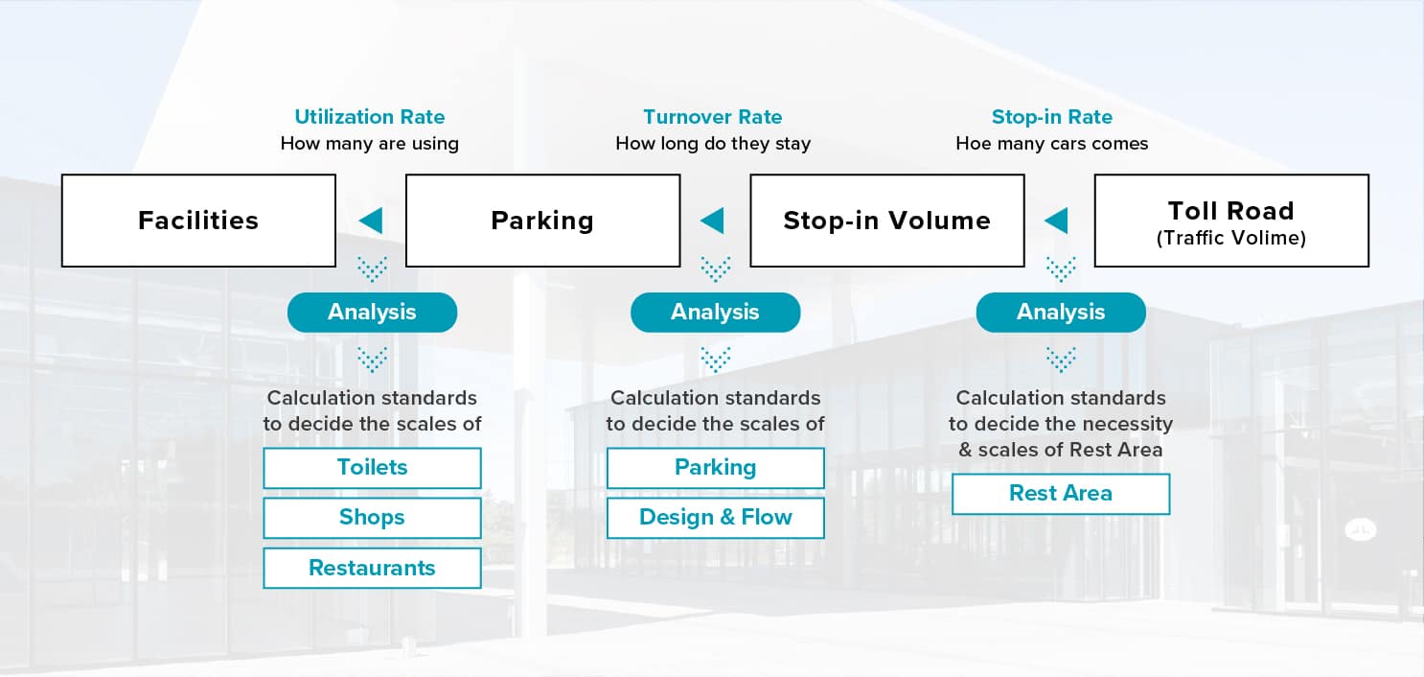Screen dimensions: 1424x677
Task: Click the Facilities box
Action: tap(198, 221)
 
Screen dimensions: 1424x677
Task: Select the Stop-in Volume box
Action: tap(886, 221)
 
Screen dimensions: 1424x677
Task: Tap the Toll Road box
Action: tap(1231, 221)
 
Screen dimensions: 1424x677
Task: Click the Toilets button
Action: tap(372, 468)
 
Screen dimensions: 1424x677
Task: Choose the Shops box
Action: tap(372, 517)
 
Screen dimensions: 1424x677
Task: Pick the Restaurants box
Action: tap(372, 568)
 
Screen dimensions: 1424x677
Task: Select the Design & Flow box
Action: tap(715, 517)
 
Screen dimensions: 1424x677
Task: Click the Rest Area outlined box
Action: tap(1061, 493)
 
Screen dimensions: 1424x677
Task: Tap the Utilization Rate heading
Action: tap(369, 117)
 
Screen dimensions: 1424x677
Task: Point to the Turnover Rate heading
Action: tap(713, 117)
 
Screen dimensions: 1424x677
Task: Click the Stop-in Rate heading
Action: tap(1052, 117)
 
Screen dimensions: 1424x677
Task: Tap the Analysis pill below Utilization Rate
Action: tap(372, 312)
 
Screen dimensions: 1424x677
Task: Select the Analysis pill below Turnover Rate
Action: tap(715, 312)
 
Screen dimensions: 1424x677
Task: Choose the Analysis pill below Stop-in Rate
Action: tap(1061, 312)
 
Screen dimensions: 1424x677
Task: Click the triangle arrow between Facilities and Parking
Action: tap(371, 221)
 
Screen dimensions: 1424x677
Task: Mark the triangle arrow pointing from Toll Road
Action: tap(1057, 221)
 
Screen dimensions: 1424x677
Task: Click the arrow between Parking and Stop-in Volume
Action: tap(713, 221)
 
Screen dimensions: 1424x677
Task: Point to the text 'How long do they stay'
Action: tap(713, 144)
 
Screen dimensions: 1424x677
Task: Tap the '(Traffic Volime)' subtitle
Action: tap(1231, 238)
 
